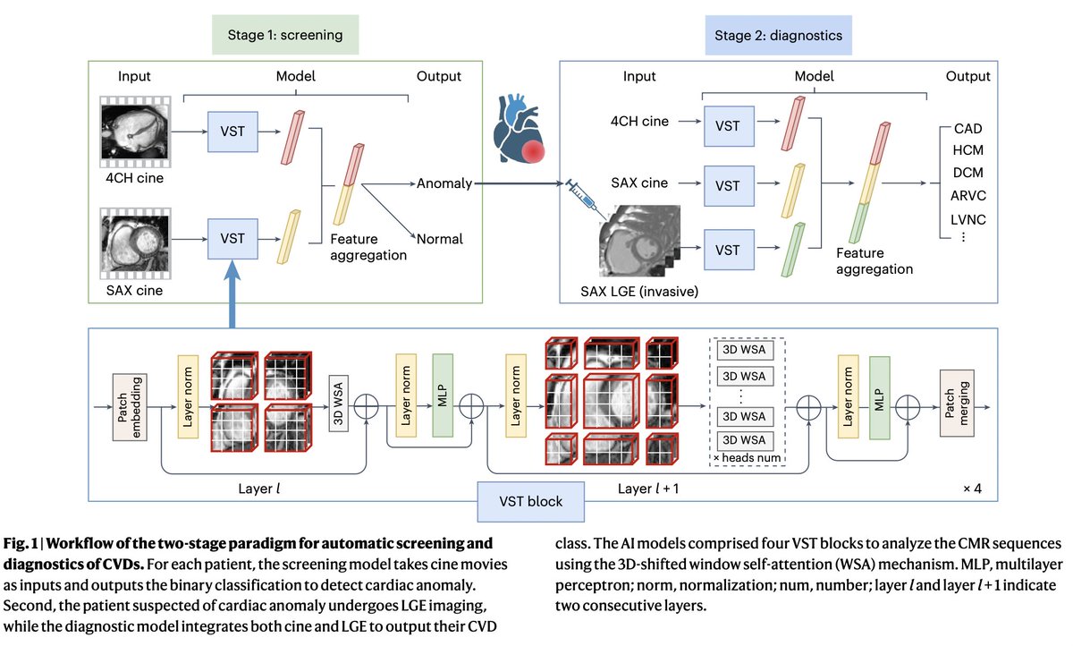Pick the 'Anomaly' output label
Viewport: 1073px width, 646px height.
coord(443,183)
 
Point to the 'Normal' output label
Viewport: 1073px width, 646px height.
coord(440,240)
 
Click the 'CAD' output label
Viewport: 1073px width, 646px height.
coord(967,129)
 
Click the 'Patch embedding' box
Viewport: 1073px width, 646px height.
coord(130,408)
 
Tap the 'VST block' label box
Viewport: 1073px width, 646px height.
coord(531,501)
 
